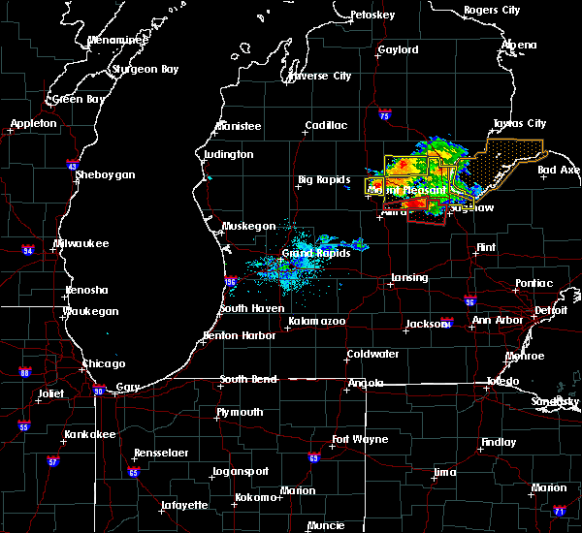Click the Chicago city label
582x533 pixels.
104,363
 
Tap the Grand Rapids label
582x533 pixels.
311,253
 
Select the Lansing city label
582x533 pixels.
408,278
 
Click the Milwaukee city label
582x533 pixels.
81,242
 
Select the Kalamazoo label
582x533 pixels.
317,321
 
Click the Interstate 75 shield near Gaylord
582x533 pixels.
385,116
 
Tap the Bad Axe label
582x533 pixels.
559,171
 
